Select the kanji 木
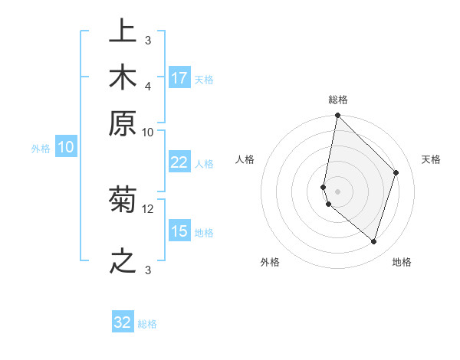(x=123, y=78)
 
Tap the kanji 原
(x=123, y=124)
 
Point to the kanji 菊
(x=123, y=201)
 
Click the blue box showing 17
(x=179, y=78)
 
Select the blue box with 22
(x=179, y=162)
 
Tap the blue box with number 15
(x=179, y=231)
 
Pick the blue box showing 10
(x=66, y=147)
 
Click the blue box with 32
(x=123, y=322)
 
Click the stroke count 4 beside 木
(x=148, y=85)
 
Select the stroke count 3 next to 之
(x=148, y=270)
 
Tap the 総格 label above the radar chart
(x=338, y=100)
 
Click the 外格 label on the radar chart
(x=270, y=262)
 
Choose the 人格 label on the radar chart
(x=245, y=159)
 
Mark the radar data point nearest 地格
(x=374, y=242)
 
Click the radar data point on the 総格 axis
(x=338, y=116)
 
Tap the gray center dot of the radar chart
(x=338, y=191)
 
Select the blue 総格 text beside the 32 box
(x=148, y=324)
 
